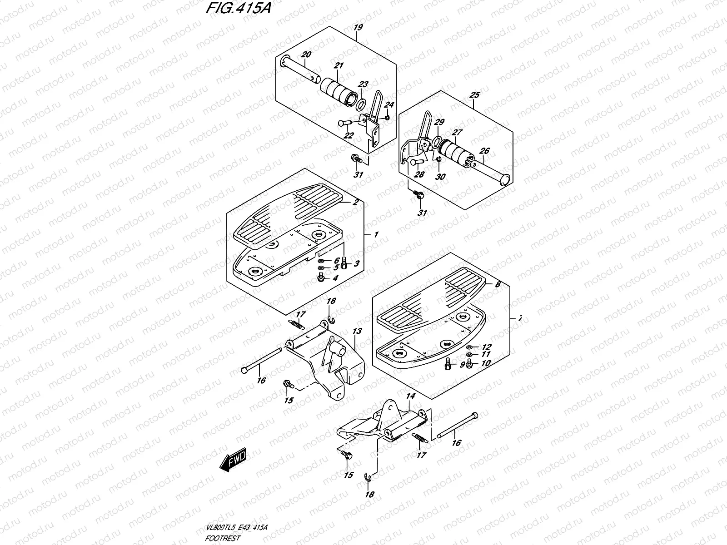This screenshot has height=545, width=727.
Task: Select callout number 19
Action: (358, 28)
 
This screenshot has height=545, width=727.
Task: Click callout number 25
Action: (474, 95)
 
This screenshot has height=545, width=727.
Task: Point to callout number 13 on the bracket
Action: (357, 332)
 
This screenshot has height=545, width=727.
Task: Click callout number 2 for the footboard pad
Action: (355, 203)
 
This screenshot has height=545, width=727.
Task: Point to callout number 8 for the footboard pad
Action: (498, 284)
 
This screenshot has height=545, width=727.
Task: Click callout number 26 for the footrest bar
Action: (485, 151)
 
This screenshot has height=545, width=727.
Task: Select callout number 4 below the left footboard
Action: (335, 278)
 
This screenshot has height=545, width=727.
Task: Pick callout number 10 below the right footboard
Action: (486, 363)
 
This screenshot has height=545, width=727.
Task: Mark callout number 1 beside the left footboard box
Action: (376, 235)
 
